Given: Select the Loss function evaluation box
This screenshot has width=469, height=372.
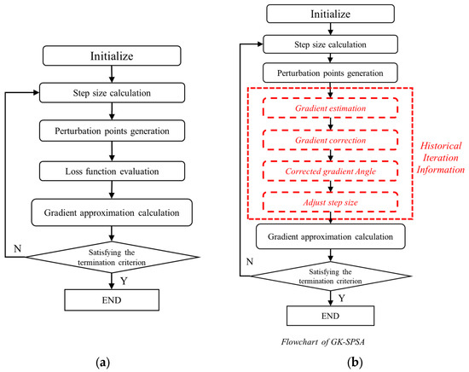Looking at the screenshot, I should click(107, 170).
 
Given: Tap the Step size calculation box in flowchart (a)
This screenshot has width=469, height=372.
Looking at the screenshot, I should click(107, 93).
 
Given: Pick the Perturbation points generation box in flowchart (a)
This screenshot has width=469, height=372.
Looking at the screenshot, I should click(107, 131).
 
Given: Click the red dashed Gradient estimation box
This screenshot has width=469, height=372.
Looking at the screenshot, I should click(328, 110).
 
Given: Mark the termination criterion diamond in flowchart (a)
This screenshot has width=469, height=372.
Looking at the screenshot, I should click(107, 253).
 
